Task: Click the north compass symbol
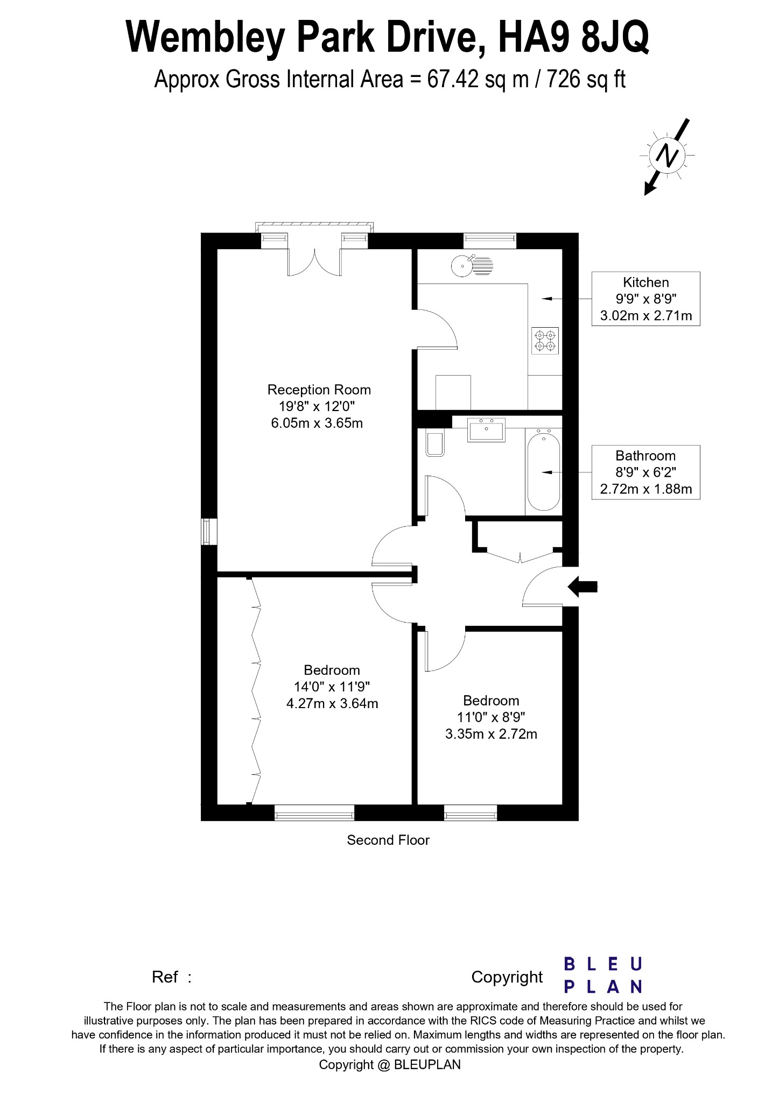click(668, 156)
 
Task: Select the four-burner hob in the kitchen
click(545, 341)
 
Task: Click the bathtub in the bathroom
click(544, 470)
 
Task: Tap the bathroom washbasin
click(487, 429)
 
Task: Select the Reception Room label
click(319, 390)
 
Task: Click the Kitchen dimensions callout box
click(645, 299)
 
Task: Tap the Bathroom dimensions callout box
click(645, 472)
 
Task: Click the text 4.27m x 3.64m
click(332, 703)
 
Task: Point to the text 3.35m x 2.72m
click(491, 734)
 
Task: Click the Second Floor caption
click(388, 840)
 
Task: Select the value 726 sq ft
click(586, 80)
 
